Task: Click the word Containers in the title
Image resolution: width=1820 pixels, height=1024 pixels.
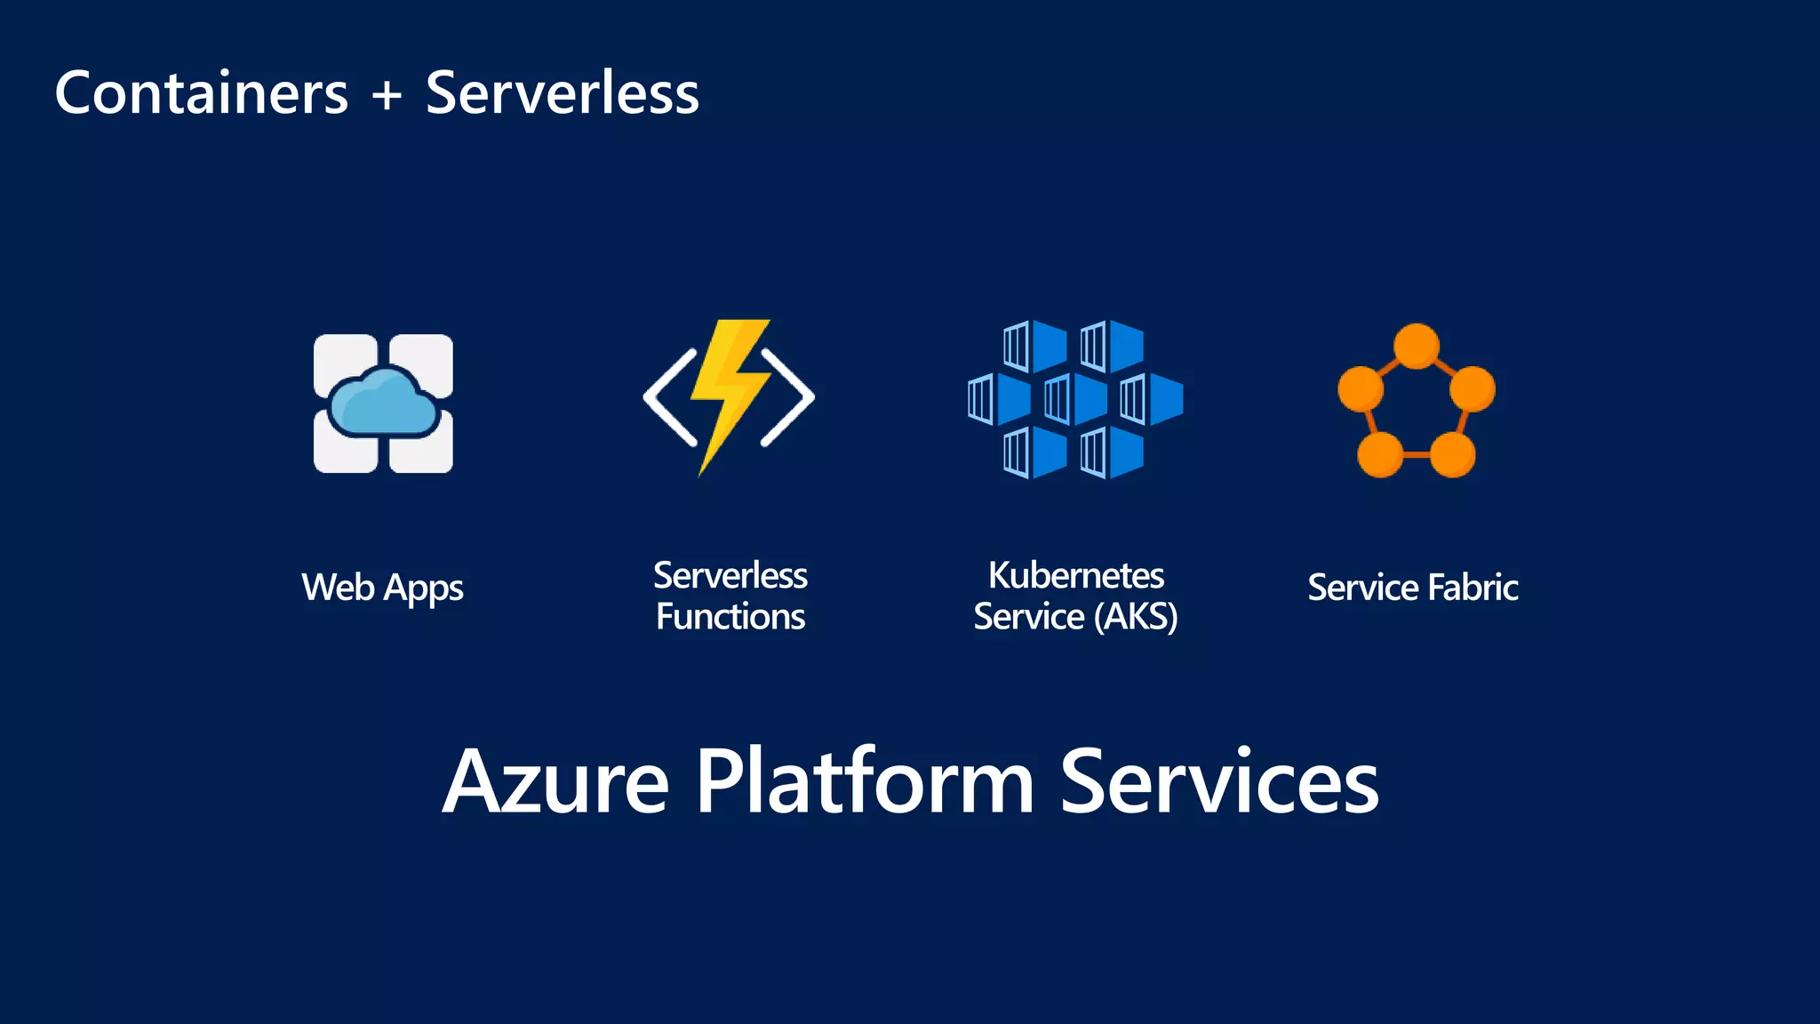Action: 202,92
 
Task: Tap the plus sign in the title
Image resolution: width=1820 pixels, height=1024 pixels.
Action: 387,94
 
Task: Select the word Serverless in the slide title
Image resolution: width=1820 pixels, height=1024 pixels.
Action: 562,92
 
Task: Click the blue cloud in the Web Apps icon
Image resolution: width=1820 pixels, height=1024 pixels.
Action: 382,405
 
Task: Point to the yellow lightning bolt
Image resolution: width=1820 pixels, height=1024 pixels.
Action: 728,391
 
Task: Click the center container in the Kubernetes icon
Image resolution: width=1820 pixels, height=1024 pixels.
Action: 1075,399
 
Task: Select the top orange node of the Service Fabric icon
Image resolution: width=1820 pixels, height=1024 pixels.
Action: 1416,346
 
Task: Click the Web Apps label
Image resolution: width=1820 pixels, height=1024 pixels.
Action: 382,588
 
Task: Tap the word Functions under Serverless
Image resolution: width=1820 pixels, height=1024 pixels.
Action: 730,617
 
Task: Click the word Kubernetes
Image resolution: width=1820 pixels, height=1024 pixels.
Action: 1075,576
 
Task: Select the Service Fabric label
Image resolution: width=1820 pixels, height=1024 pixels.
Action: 1412,588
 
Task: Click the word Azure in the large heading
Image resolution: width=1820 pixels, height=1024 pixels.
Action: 555,782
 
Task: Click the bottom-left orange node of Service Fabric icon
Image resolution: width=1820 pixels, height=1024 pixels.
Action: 1380,454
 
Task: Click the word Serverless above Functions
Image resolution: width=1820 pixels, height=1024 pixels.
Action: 730,576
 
